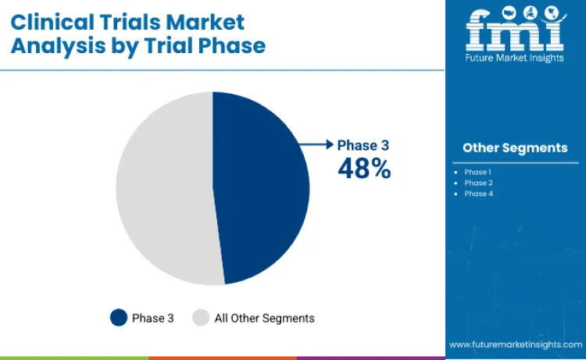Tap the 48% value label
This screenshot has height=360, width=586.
coord(364,168)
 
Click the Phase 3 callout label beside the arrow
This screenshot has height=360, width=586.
coord(363,144)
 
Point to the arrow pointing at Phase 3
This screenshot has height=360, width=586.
coord(316,144)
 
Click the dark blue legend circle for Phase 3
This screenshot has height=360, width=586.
coord(119,318)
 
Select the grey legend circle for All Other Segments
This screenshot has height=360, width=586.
coord(202,318)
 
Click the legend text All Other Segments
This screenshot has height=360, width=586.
coord(264,318)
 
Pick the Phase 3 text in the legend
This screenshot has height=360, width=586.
coord(148,318)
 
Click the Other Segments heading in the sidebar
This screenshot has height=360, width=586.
coord(515,148)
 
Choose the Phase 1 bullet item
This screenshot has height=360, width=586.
coord(479,172)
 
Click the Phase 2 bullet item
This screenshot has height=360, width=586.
coord(479,183)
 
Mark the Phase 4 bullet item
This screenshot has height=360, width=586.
coord(479,194)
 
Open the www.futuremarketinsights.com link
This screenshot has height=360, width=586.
coord(515,344)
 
